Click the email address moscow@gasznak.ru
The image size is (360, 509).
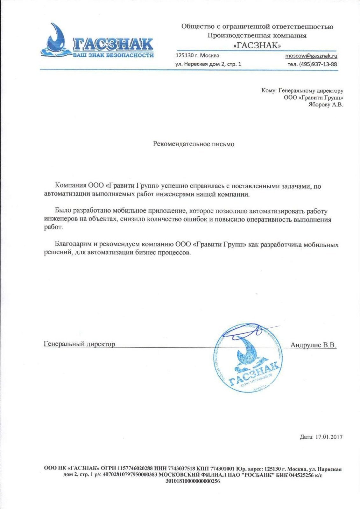click(x=311, y=56)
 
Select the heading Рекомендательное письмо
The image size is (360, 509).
click(x=194, y=144)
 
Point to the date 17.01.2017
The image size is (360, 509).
click(x=329, y=437)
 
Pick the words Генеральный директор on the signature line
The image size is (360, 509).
click(x=79, y=344)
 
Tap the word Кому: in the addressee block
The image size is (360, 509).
click(x=268, y=91)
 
